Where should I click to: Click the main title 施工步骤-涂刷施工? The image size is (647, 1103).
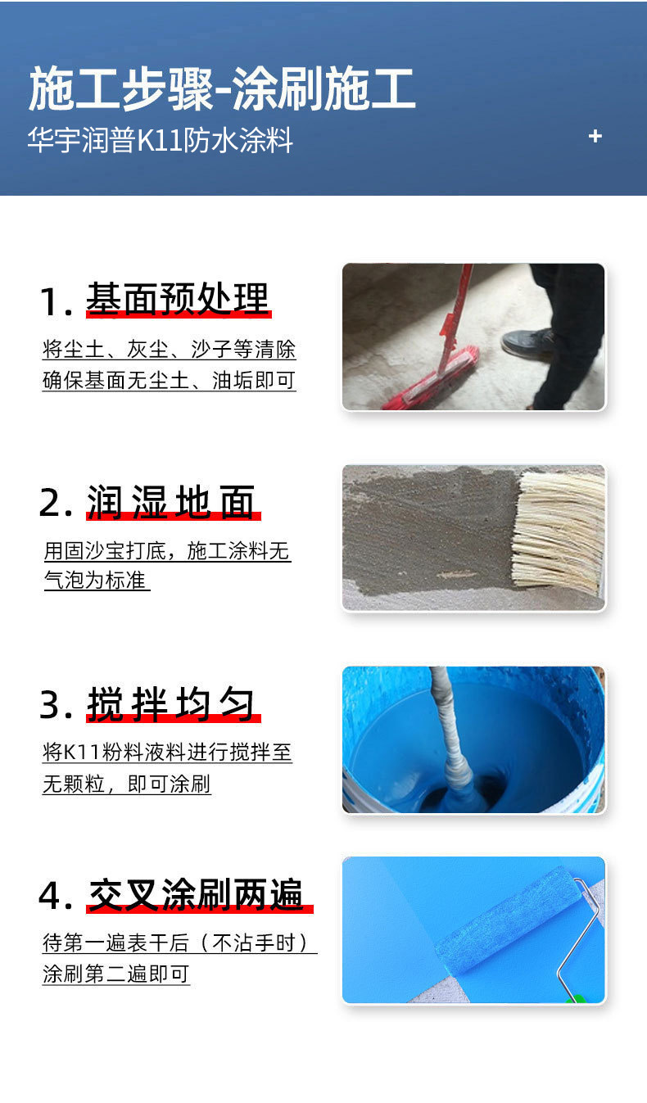tap(222, 90)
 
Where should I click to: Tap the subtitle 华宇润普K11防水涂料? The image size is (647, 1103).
tap(161, 140)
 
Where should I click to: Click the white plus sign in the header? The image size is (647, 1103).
tap(595, 137)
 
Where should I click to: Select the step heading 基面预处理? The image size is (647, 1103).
tap(178, 300)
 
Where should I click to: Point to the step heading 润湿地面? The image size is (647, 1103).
tap(173, 502)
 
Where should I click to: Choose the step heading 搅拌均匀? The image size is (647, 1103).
tap(173, 705)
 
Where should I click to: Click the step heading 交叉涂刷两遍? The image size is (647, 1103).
tap(197, 895)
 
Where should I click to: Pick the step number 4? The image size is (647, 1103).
tap(54, 897)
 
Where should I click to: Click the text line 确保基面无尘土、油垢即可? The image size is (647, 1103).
tap(169, 381)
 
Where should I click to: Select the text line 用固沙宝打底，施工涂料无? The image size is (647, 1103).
tap(167, 551)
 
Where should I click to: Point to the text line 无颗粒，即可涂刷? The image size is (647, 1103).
tap(126, 784)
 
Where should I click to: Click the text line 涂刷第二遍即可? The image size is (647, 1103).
tap(115, 974)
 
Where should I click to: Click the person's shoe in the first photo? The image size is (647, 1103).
tap(527, 343)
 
